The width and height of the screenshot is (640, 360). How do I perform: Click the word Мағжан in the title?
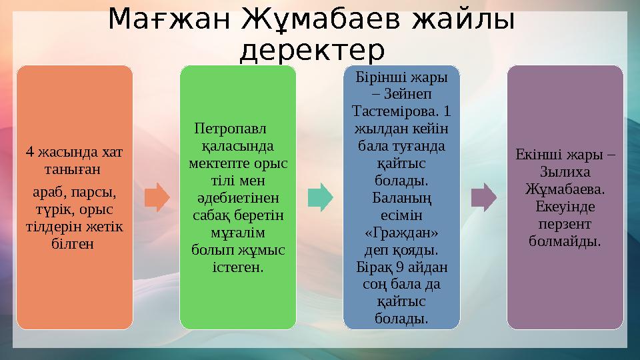(x=169, y=19)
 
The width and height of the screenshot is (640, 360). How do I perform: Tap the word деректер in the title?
(x=312, y=50)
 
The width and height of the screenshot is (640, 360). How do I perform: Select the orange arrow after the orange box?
(x=157, y=197)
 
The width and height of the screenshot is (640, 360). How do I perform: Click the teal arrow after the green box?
(x=321, y=197)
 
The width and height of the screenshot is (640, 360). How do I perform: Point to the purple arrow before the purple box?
(x=484, y=197)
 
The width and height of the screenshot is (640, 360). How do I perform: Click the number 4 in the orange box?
(x=29, y=152)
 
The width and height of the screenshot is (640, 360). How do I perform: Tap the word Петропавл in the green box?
(x=230, y=129)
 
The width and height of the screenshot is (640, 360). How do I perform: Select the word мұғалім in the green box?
(x=238, y=233)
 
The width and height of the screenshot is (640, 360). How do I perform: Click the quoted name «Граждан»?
(x=401, y=233)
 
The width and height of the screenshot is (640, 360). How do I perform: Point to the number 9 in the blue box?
(x=400, y=267)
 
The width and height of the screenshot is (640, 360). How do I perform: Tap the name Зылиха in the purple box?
(x=565, y=172)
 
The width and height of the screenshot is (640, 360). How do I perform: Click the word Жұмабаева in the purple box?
(x=565, y=189)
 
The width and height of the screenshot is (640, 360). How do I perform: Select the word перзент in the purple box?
(x=565, y=225)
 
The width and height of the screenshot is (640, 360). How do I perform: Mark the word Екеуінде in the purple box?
(x=565, y=207)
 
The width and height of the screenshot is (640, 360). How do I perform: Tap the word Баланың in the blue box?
(x=401, y=199)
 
